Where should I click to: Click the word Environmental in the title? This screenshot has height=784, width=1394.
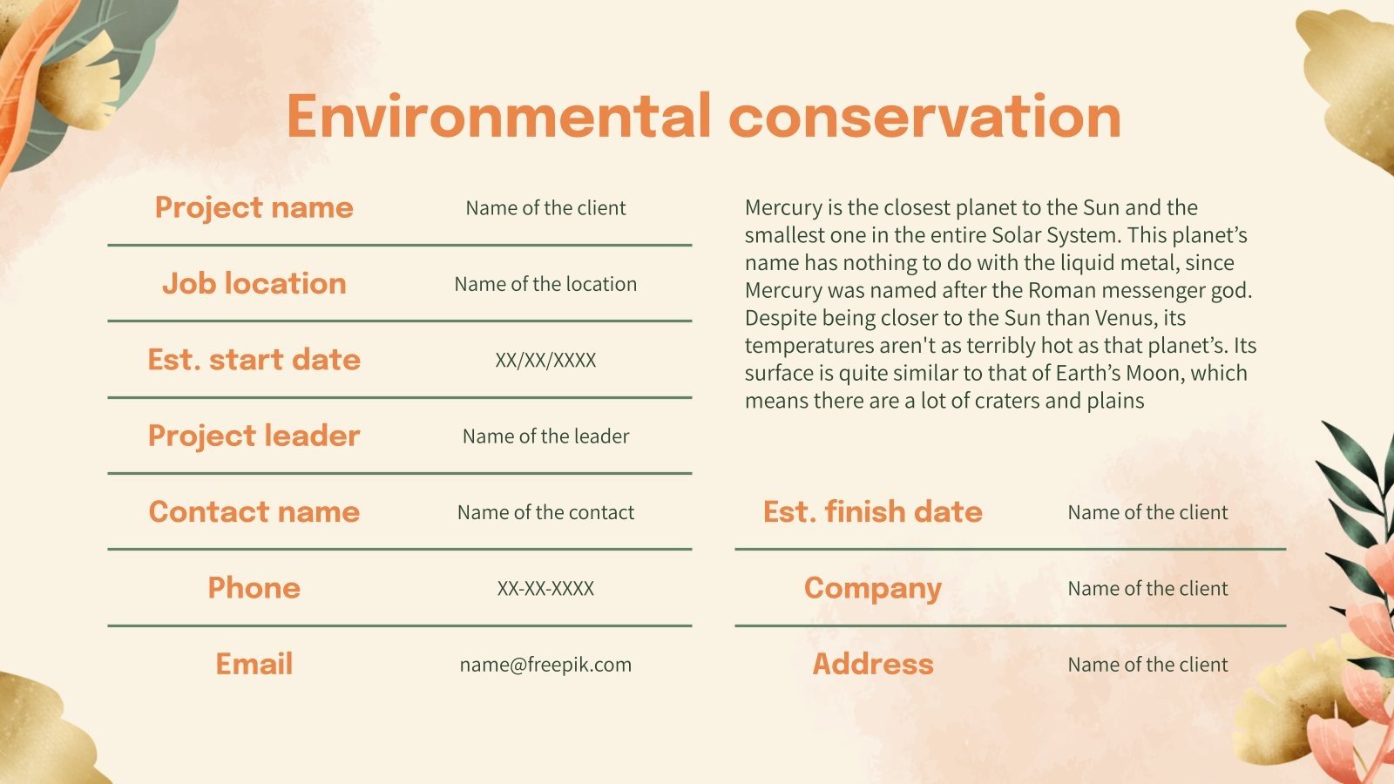point(498,117)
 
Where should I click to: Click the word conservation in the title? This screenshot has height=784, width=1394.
point(924,117)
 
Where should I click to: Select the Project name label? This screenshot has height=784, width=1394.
point(254,208)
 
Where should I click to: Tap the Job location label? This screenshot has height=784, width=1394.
point(254,284)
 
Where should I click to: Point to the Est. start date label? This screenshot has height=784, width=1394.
point(254,360)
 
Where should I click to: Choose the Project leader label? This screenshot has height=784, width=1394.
point(254,436)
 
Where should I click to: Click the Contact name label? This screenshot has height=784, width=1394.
point(254,512)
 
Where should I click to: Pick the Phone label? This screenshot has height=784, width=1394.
point(254,588)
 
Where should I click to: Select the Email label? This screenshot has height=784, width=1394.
point(254,664)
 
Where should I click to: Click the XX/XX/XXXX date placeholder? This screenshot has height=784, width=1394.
point(545,361)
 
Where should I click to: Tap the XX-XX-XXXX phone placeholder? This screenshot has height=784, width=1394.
point(545,589)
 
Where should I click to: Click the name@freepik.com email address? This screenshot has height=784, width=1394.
point(545,665)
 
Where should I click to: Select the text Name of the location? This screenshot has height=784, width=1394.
point(545,284)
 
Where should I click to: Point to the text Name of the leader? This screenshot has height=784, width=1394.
point(545,436)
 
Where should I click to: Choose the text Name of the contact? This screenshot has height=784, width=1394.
point(545,512)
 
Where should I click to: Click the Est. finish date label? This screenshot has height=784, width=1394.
point(872,512)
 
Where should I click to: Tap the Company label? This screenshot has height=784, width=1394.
point(872,589)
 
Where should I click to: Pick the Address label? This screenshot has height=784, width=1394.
point(872,664)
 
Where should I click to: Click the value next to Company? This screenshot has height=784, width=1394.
point(1147,589)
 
